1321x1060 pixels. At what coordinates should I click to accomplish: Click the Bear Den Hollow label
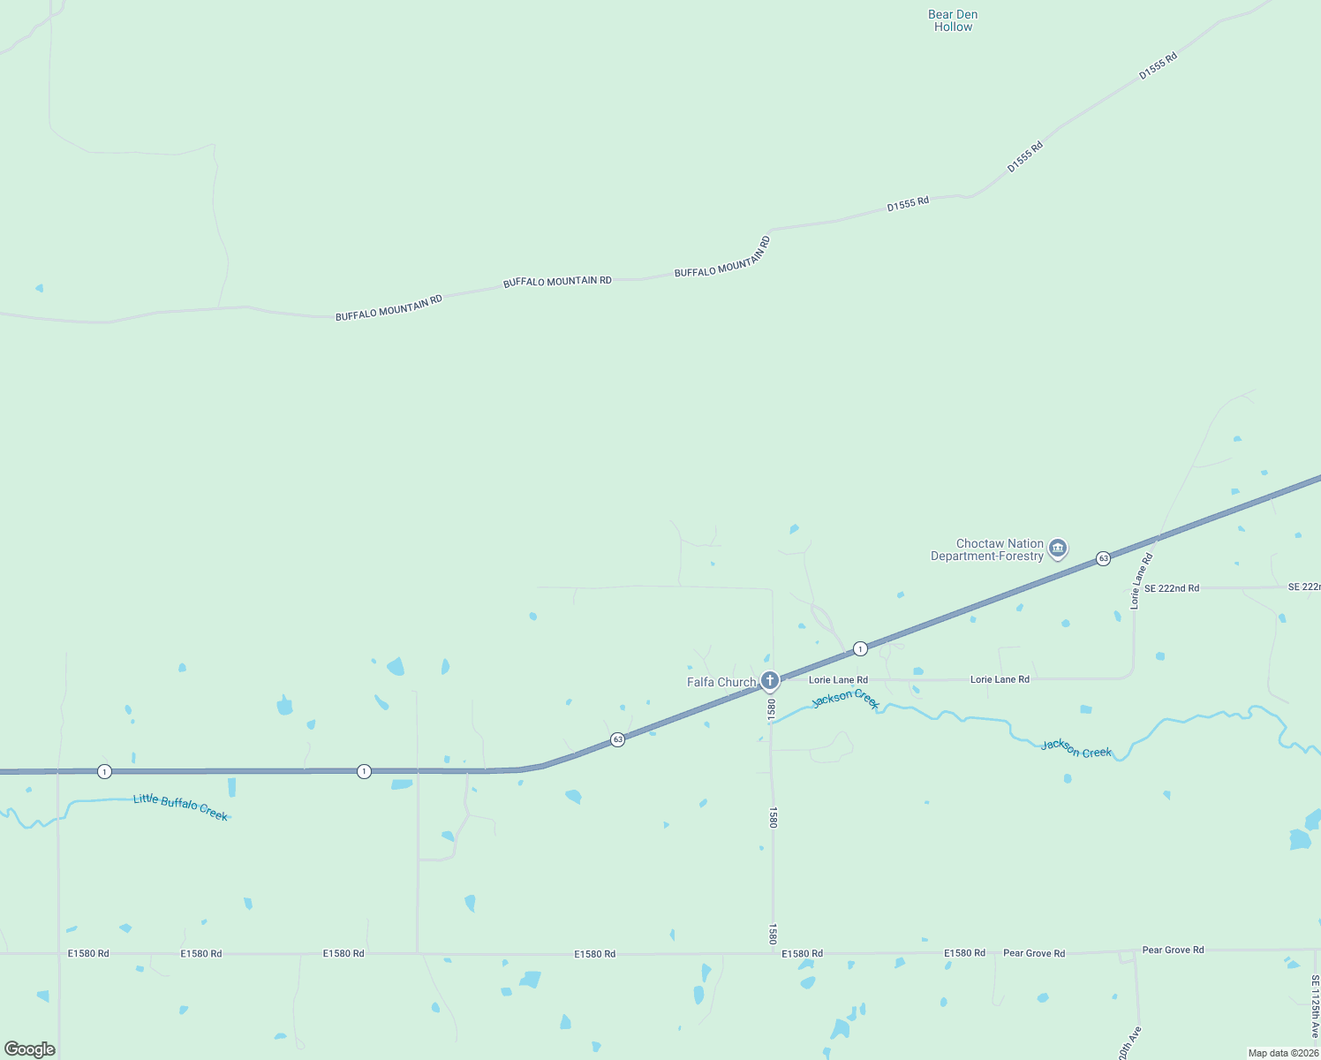[x=953, y=21]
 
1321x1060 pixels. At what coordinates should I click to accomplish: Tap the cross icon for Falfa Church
[x=770, y=680]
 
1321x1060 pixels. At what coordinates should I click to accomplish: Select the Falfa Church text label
[x=721, y=682]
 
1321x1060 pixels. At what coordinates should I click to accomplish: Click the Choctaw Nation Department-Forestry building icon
[x=1058, y=549]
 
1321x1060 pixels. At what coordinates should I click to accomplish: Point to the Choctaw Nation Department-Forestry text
[x=987, y=550]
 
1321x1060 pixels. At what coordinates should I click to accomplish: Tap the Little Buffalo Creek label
[x=180, y=806]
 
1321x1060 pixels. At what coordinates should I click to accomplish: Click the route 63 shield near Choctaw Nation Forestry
[x=1103, y=558]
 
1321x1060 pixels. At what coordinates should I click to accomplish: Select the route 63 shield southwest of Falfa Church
[x=617, y=739]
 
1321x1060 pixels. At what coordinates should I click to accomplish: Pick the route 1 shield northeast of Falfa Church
[x=860, y=649]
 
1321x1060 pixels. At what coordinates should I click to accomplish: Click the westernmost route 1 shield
[x=104, y=772]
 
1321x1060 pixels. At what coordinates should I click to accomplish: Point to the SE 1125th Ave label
[x=1315, y=1007]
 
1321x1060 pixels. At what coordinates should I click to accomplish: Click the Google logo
[x=30, y=1049]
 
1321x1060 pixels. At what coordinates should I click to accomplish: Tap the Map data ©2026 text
[x=1283, y=1053]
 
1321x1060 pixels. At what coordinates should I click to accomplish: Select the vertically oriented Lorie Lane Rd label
[x=1141, y=581]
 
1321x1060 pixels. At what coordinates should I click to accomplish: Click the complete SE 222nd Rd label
[x=1171, y=588]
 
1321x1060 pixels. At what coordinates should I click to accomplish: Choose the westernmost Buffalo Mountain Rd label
[x=389, y=308]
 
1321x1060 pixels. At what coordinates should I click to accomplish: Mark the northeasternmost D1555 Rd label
[x=1158, y=66]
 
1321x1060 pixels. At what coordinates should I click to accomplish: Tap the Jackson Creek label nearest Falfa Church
[x=845, y=699]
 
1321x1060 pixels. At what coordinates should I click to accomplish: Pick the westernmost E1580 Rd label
[x=88, y=954]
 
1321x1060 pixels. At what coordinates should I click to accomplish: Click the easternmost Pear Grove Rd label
[x=1173, y=950]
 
